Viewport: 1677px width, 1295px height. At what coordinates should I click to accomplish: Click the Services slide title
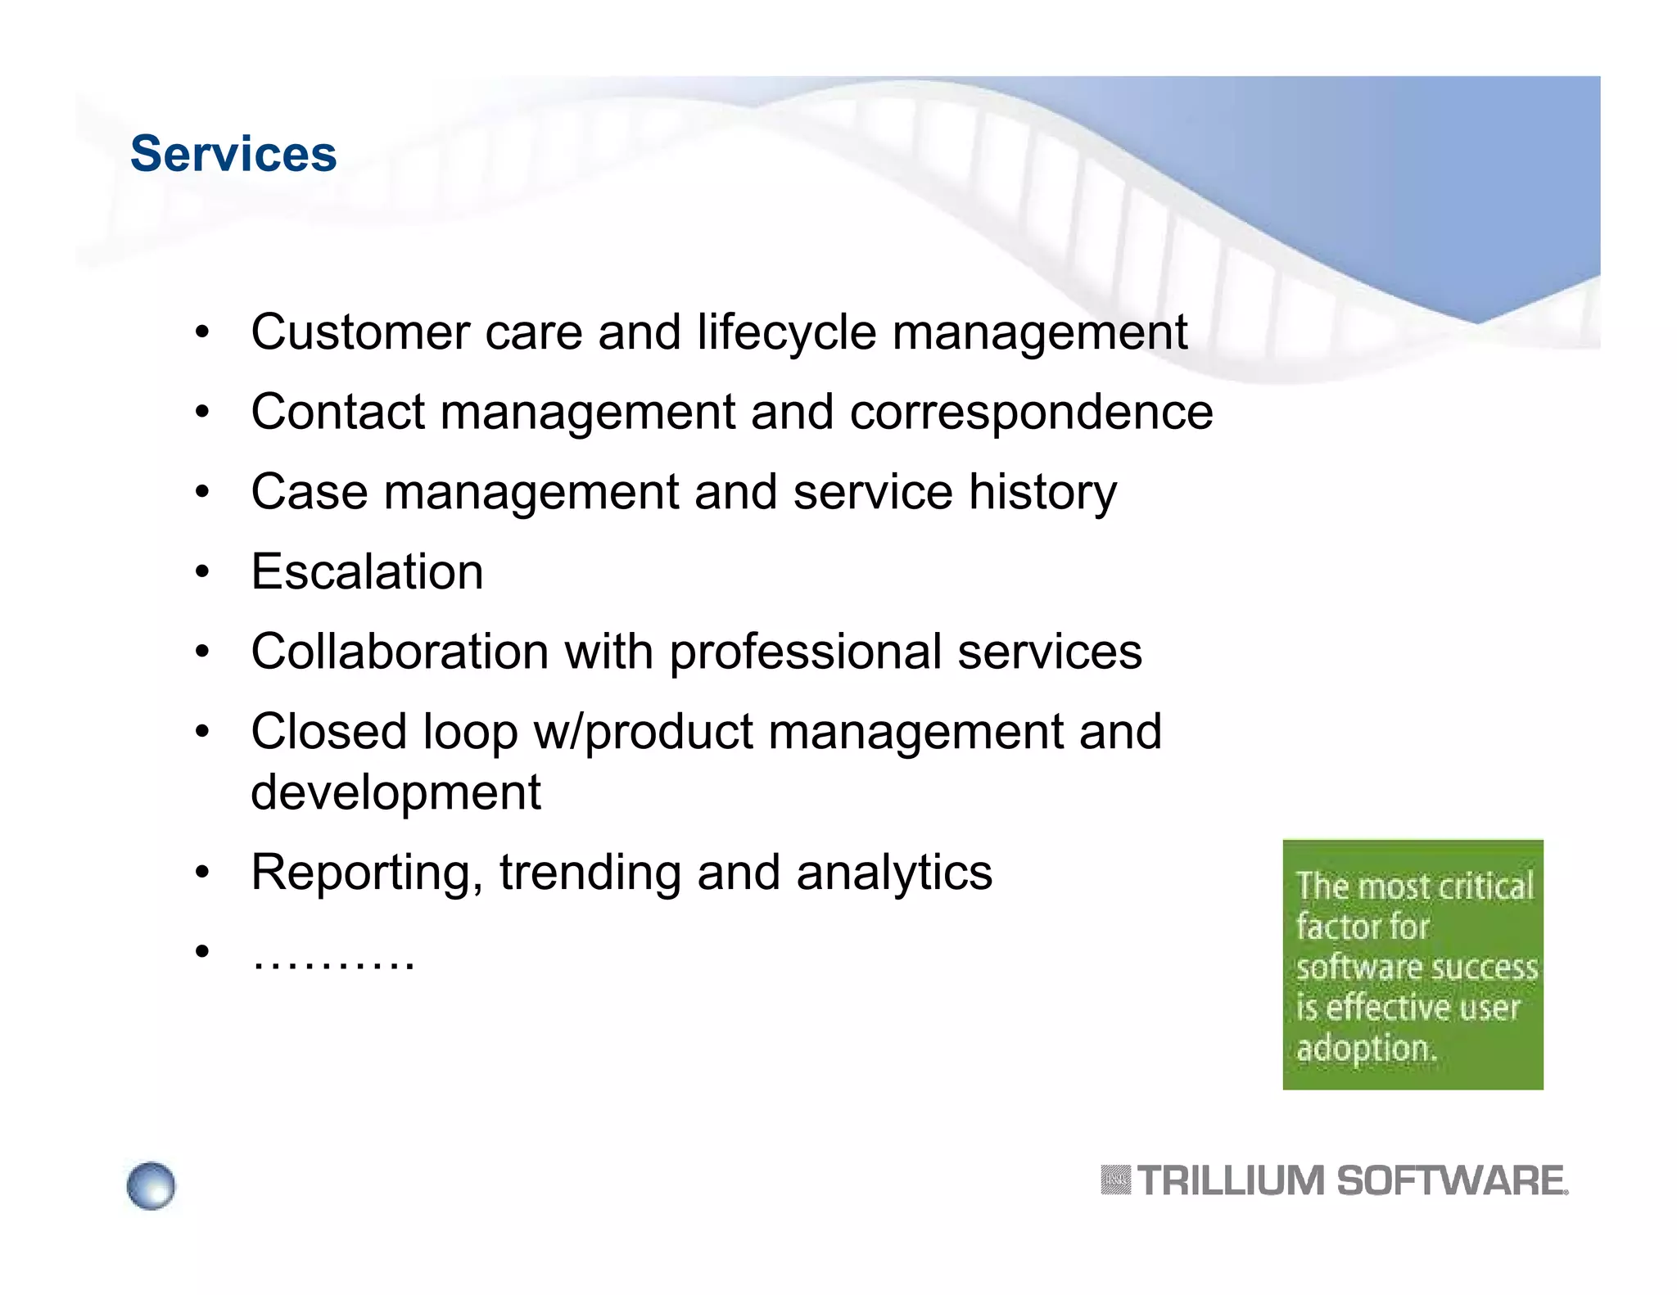tap(233, 154)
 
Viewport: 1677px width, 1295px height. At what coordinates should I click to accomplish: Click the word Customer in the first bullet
tap(359, 332)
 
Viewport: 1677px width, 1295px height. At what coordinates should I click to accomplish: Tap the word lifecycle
tap(787, 332)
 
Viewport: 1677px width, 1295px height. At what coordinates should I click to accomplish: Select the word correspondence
tap(1031, 413)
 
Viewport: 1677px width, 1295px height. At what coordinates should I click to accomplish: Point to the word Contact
tap(337, 412)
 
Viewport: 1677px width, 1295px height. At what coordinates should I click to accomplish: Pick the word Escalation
tap(367, 571)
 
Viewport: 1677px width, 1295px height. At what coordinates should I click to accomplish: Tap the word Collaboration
tap(400, 652)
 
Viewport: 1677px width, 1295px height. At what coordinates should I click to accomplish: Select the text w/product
tap(643, 731)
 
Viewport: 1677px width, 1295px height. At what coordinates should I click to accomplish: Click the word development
tap(396, 792)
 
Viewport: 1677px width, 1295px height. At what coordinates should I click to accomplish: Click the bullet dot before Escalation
tap(202, 572)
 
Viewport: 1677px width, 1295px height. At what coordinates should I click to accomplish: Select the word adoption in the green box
tap(1366, 1048)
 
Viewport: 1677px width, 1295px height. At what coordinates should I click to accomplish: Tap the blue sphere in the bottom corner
tap(151, 1185)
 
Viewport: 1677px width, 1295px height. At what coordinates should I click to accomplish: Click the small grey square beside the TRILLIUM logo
tap(1115, 1180)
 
